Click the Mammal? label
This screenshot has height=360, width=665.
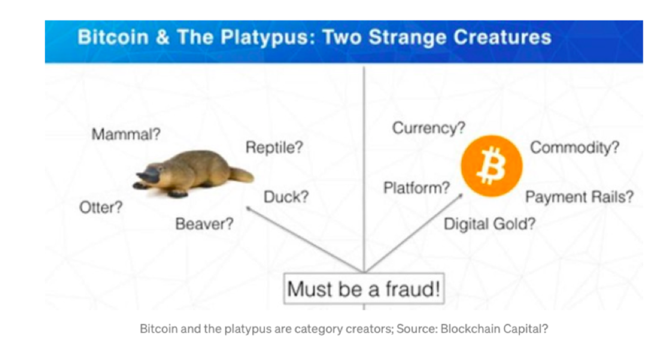126,135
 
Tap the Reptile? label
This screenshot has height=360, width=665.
274,148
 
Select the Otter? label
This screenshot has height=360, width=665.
101,207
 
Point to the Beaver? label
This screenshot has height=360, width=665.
204,224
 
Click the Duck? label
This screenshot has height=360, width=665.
286,197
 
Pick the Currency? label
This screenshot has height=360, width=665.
429,128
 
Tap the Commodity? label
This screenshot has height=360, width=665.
575,148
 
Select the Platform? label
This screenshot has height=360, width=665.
417,188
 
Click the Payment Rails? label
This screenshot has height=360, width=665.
579,197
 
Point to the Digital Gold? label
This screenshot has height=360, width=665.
489,224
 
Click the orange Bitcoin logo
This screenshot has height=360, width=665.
491,166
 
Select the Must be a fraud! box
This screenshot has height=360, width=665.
364,289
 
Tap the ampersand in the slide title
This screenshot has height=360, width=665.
163,37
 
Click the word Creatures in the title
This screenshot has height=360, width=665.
502,37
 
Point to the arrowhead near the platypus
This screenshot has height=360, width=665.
249,209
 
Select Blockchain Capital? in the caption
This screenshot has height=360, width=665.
494,329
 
